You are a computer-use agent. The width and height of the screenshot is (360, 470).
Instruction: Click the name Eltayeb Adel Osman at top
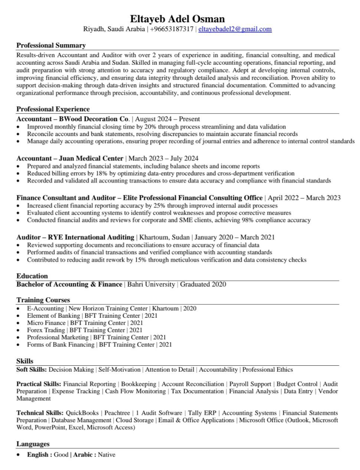[x=177, y=19]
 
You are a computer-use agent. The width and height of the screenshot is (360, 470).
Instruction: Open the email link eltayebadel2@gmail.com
[x=235, y=29]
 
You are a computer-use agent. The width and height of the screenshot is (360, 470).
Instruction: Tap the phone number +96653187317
[x=171, y=29]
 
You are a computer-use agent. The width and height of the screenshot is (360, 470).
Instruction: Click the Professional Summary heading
[x=51, y=45]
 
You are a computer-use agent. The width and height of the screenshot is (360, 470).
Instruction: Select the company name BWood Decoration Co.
[x=94, y=119]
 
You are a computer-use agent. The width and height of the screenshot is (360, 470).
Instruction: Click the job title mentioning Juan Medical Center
[x=70, y=159]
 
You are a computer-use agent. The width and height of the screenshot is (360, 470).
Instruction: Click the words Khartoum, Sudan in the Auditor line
[x=164, y=237]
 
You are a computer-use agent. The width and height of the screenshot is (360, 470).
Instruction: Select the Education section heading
[x=32, y=276]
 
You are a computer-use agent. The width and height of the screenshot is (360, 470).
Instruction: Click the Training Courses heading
[x=43, y=300]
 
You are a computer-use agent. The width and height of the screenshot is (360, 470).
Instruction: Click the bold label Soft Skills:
[x=32, y=370]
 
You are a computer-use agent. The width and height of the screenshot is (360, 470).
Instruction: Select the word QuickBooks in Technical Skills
[x=82, y=413]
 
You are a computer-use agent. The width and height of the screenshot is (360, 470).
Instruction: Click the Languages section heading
[x=33, y=444]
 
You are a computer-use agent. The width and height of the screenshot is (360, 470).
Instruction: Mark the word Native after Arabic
[x=107, y=455]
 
